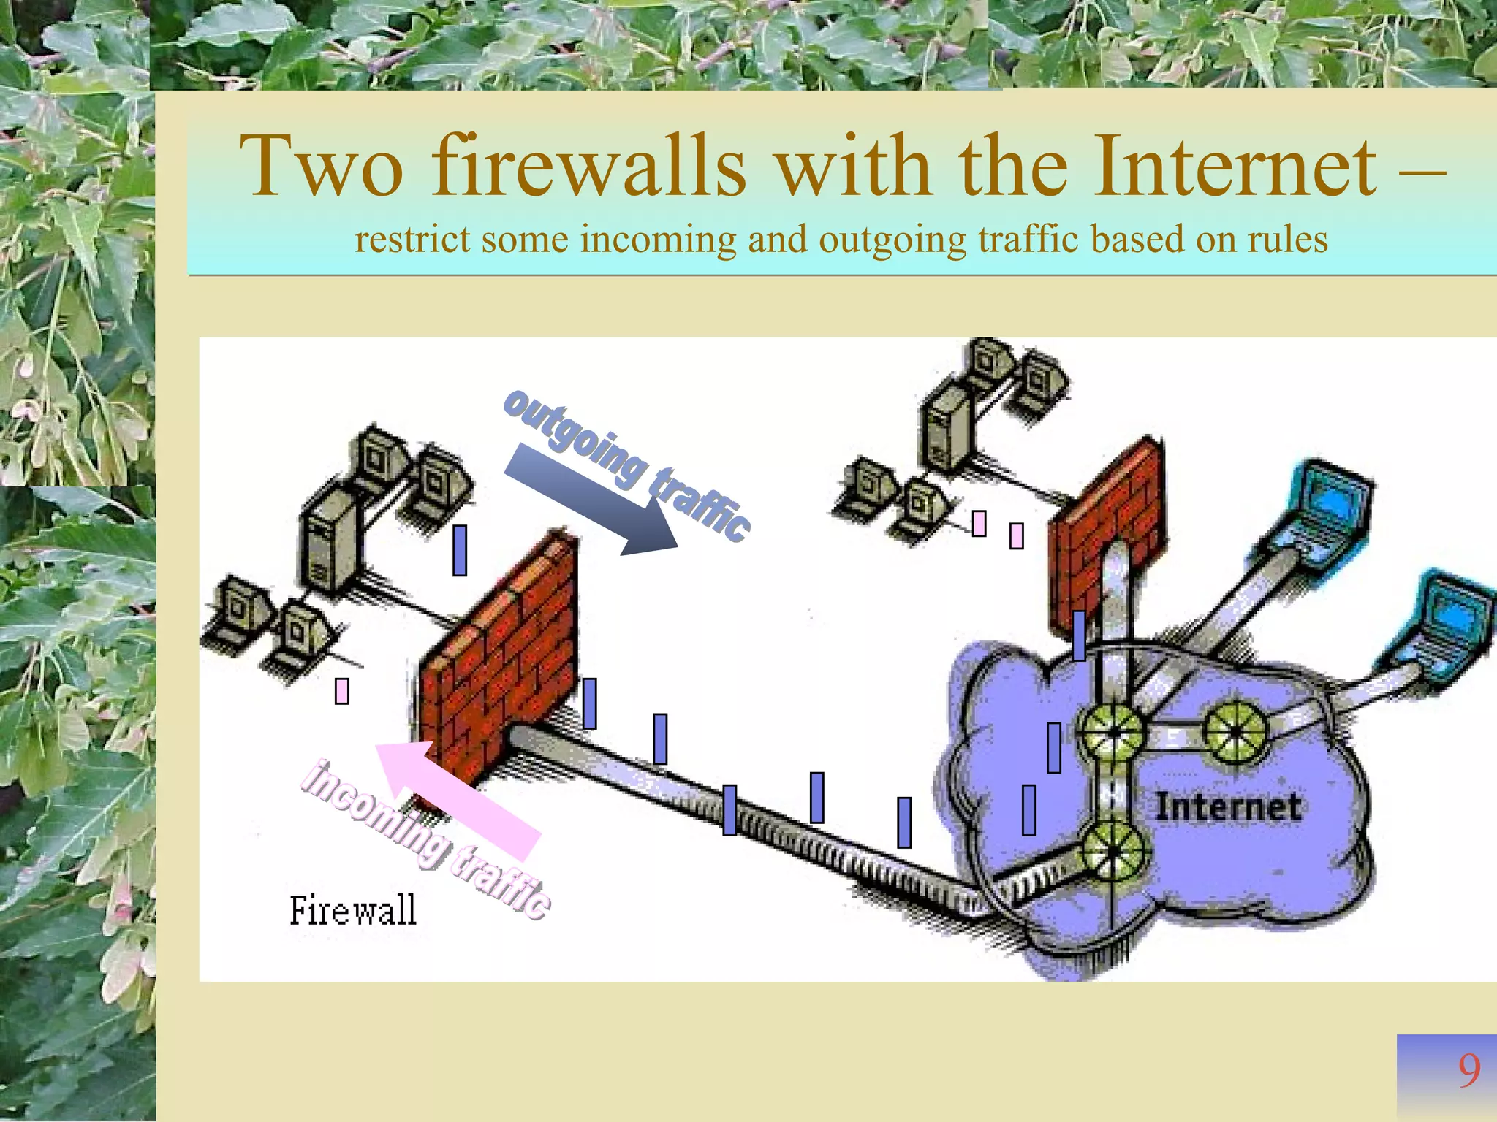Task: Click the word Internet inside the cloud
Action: tap(1227, 808)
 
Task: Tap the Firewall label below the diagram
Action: tap(353, 911)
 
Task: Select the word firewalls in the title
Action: tap(588, 167)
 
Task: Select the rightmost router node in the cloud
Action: tap(1235, 730)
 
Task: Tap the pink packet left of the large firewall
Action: tap(341, 691)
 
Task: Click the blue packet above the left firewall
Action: tap(460, 550)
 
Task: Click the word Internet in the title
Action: tap(1235, 167)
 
